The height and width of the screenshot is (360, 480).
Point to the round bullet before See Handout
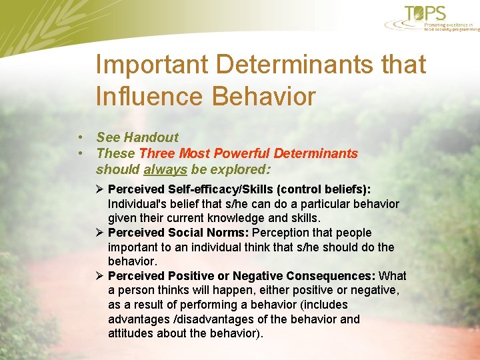pyautogui.click(x=79, y=137)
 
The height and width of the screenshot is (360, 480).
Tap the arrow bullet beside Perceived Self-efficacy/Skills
pyautogui.click(x=100, y=189)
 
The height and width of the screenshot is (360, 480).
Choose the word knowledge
pyautogui.click(x=249, y=218)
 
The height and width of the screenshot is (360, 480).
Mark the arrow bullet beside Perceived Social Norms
pyautogui.click(x=100, y=233)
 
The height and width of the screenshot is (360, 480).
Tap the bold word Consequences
pyautogui.click(x=331, y=276)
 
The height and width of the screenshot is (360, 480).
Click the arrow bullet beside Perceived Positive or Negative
pyautogui.click(x=100, y=276)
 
